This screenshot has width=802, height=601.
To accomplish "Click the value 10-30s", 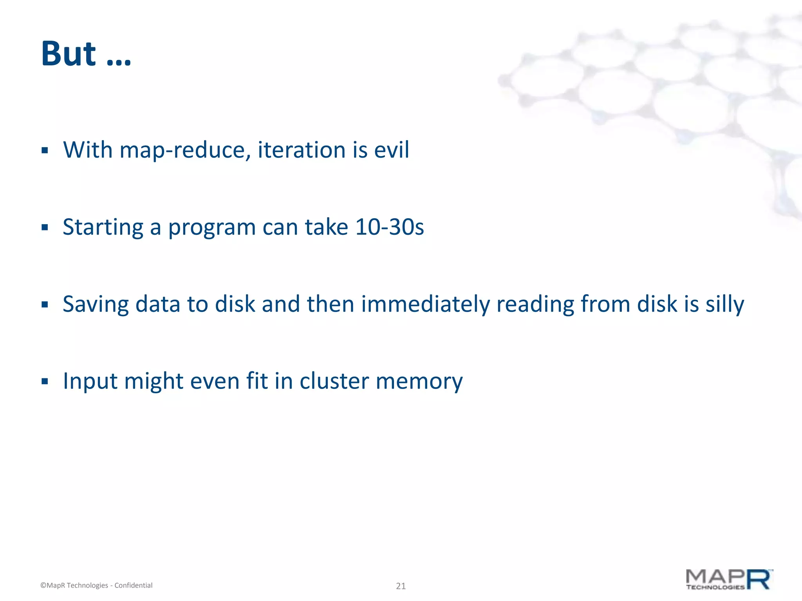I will (x=389, y=227).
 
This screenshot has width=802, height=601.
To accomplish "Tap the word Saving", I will (x=96, y=304).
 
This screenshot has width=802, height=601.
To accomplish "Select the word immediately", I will (x=425, y=304).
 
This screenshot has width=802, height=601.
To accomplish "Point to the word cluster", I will (x=334, y=381).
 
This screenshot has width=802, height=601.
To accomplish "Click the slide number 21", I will (x=401, y=586).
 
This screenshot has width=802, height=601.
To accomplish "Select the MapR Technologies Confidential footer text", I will (x=96, y=585).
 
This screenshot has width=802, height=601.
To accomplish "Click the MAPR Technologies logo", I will (x=729, y=579).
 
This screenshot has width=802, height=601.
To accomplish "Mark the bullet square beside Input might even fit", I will (x=45, y=381).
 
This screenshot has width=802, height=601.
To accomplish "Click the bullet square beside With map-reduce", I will (x=45, y=150).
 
